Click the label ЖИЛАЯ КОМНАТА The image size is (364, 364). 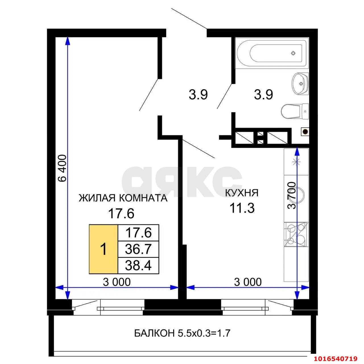123,198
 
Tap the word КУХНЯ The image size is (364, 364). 242,193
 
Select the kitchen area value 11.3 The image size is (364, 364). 242,209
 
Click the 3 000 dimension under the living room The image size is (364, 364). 117,282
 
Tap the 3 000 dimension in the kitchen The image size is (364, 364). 248,282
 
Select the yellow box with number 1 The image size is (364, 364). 104,249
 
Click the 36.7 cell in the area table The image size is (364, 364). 138,249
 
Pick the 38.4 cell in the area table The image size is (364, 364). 138,266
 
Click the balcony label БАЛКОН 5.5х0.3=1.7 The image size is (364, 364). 182,333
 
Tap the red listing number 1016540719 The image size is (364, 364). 335,357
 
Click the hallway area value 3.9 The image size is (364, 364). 198,95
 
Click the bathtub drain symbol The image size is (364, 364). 293,53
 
